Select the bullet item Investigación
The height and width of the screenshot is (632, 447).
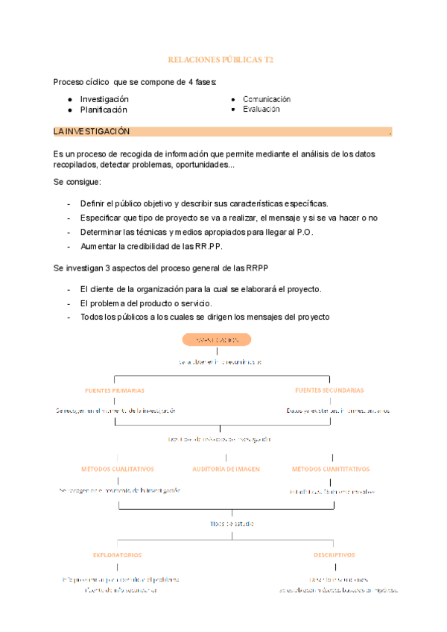104,99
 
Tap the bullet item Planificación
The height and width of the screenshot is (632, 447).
104,110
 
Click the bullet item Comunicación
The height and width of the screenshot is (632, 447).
266,99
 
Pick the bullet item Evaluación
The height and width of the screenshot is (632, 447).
261,109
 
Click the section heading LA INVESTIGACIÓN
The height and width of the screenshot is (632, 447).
92,132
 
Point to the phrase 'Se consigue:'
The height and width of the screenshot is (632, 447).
77,182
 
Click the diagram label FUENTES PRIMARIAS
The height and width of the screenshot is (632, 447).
115,390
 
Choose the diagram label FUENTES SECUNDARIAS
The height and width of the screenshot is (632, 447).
329,390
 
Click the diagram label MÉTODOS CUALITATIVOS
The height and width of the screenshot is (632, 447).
118,469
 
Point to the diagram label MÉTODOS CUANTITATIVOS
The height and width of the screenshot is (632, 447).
330,469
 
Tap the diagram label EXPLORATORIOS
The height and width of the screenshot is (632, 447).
117,554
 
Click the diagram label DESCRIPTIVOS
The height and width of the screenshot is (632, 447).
334,554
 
